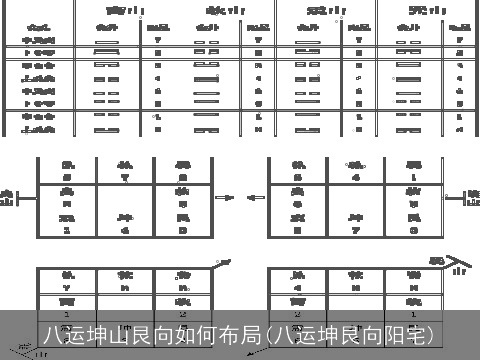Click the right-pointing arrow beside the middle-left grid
point(226,197)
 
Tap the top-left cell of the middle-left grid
point(67,169)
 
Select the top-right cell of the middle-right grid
point(414,169)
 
